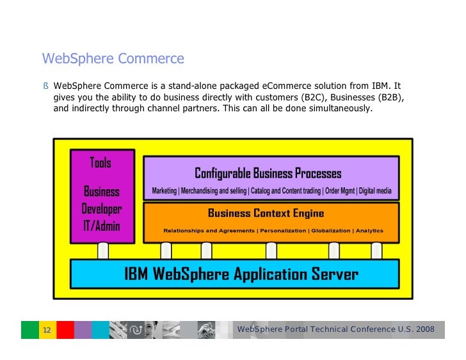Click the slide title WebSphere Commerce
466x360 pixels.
pos(113,59)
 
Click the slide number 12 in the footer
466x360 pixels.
pos(47,330)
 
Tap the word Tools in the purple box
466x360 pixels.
pos(100,162)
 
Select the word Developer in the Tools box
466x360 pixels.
pos(101,209)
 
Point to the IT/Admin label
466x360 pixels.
pos(101,226)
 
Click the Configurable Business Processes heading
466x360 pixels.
pos(268,173)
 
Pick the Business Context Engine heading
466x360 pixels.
pos(266,214)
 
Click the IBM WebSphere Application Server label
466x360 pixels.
pos(241,274)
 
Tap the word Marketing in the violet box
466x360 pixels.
pos(164,191)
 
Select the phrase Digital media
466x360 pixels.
pos(375,191)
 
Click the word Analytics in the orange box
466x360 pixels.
pos(369,231)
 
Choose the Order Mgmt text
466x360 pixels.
pos(339,191)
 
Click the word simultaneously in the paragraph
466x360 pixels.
pos(339,109)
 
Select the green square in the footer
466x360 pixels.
pos(30,330)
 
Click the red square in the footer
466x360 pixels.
pos(65,330)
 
